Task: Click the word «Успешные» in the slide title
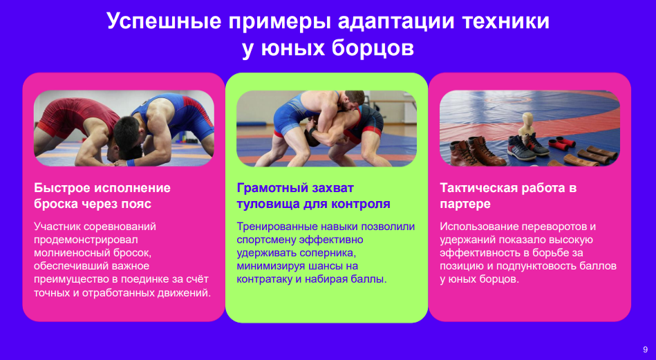pos(165,21)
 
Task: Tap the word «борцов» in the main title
pos(373,48)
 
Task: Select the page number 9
pos(645,350)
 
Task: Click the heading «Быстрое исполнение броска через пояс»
pos(102,196)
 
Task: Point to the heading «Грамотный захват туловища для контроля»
pos(313,196)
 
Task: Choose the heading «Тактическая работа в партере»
pos(508,196)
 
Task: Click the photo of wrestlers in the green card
pos(326,129)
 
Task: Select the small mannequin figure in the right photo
pos(526,128)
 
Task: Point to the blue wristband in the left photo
pos(131,162)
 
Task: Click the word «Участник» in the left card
pos(57,227)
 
